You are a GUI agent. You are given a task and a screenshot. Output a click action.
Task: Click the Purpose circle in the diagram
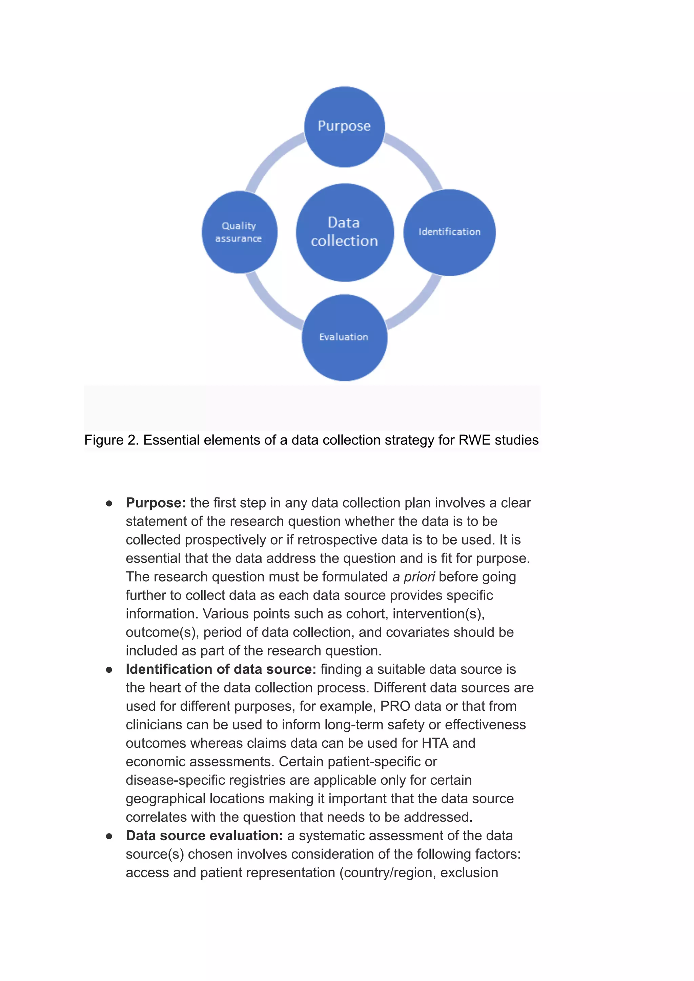tap(344, 126)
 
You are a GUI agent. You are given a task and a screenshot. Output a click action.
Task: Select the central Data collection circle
tap(344, 232)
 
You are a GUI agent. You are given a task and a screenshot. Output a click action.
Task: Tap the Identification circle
tap(449, 232)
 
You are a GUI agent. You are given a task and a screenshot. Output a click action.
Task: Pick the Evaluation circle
tap(344, 337)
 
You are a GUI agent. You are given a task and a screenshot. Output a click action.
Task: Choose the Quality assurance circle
tap(239, 232)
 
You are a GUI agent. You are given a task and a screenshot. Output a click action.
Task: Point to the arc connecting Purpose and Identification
tap(417, 158)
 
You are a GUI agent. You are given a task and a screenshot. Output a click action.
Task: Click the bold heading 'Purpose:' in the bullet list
tap(156, 503)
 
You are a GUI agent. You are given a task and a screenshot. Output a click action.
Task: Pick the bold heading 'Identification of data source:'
tap(221, 669)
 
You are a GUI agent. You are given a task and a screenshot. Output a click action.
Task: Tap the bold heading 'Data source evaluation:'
tap(204, 835)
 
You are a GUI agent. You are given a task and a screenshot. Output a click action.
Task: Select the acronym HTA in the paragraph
tap(435, 743)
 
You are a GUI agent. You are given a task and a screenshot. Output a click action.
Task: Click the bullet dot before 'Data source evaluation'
tap(109, 836)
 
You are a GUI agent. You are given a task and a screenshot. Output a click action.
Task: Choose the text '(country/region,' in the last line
tap(388, 872)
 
